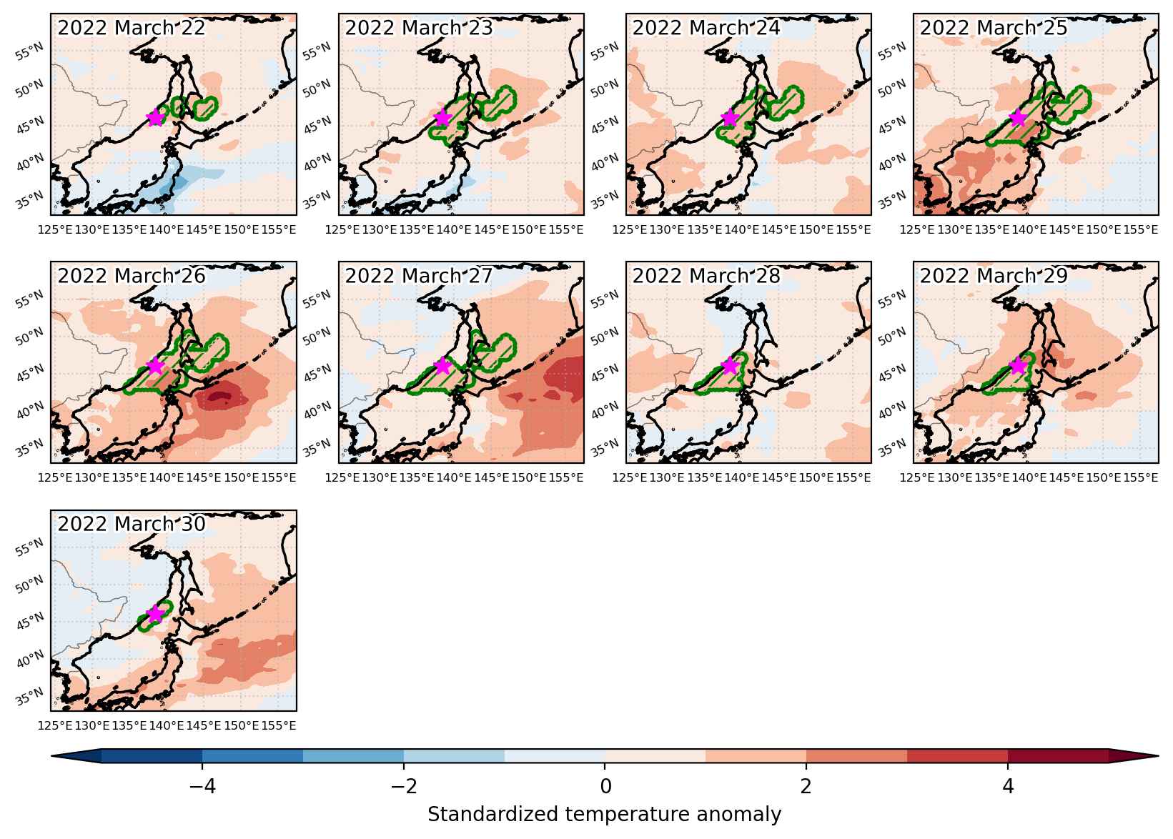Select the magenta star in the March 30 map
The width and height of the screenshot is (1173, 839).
tap(155, 613)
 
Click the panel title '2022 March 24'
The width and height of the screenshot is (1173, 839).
tap(706, 28)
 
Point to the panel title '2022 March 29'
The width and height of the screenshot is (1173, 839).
tap(994, 276)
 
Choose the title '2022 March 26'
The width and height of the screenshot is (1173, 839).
tap(132, 276)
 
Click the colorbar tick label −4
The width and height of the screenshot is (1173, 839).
tap(202, 787)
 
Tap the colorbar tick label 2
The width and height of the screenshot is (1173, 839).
tap(806, 787)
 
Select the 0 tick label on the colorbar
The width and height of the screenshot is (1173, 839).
tap(605, 787)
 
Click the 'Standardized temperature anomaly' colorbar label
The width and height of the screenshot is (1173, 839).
tap(604, 815)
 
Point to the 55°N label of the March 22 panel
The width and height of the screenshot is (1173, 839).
tap(29, 51)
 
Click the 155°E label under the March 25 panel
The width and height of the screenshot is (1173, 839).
tap(1142, 229)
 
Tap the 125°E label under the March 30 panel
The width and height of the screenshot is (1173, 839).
tap(55, 725)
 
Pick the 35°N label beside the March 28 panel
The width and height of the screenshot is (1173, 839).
tap(604, 448)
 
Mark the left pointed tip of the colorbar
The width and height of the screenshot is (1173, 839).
tap(51, 756)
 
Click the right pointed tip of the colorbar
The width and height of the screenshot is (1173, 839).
tap(1159, 756)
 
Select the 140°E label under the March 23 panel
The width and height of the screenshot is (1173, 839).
tap(455, 229)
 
